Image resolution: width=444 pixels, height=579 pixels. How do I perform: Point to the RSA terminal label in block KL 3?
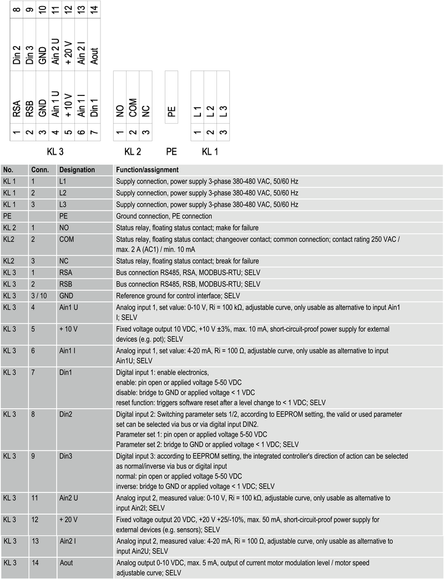coord(17,109)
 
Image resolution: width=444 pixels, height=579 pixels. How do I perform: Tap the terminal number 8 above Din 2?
coord(17,9)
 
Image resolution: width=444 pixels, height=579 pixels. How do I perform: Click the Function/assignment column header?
coord(147,170)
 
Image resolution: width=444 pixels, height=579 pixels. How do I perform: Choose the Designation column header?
coord(77,170)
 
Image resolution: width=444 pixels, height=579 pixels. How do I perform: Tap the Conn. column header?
coord(40,170)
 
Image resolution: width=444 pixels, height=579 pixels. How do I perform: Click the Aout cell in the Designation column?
coord(67,563)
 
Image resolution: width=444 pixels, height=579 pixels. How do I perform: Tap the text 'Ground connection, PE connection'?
coord(164,216)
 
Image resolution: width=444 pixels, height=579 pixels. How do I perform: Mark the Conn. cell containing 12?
coord(35,520)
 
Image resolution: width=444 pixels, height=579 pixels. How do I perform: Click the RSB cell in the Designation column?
coord(65,284)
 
